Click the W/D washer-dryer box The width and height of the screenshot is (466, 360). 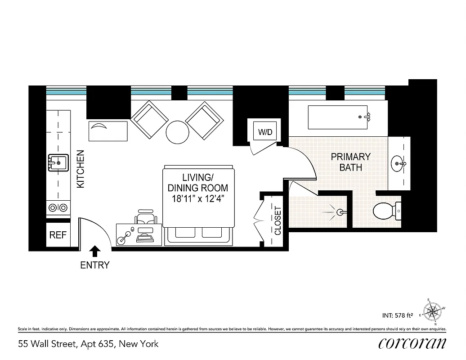pos(265,132)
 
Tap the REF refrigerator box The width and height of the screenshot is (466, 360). pos(58,235)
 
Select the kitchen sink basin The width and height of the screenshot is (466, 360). pos(58,162)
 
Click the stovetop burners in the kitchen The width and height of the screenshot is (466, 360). pos(58,207)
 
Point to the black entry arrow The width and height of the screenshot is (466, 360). pos(95,251)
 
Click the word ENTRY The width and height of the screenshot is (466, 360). pos(94,265)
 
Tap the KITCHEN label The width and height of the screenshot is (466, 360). pos(81,169)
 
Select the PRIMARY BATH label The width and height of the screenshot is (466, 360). pos(351,162)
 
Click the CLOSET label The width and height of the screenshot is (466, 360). pos(278,221)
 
